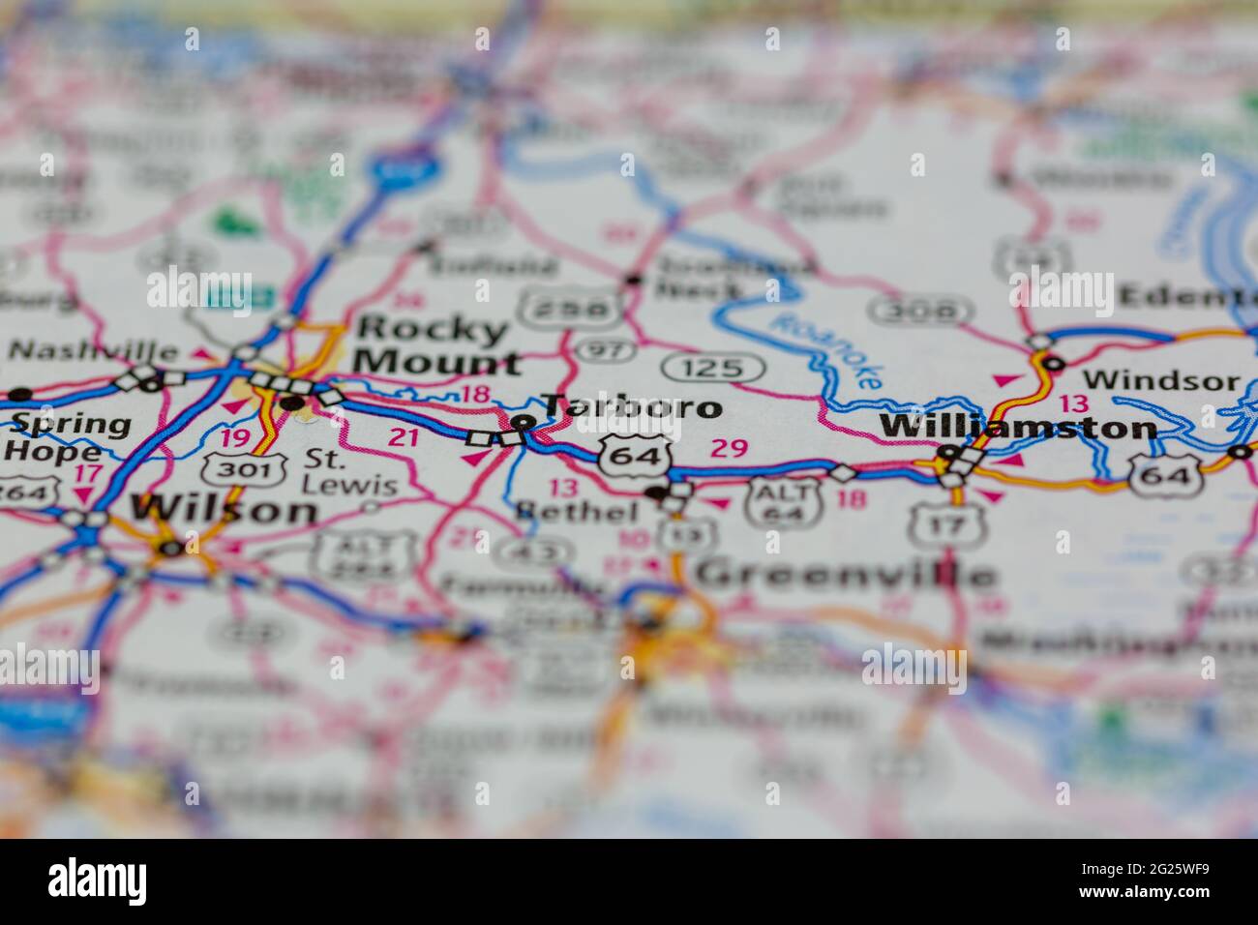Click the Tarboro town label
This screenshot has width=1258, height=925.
pos(631,407)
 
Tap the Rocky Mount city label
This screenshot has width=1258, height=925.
pos(434,346)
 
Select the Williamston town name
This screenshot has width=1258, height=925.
pos(1017,427)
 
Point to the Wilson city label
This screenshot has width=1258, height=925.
pos(225,509)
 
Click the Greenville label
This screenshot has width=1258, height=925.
pos(845,574)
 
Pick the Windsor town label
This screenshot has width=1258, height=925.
pos(1160,380)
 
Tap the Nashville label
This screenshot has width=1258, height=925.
pos(93,351)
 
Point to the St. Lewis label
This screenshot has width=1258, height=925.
pos(350,471)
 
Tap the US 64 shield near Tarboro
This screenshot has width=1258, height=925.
pos(634,456)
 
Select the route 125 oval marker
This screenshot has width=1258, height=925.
pos(714,368)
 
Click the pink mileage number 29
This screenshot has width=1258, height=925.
pos(730,447)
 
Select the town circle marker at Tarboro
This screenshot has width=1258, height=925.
pos(523,422)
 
